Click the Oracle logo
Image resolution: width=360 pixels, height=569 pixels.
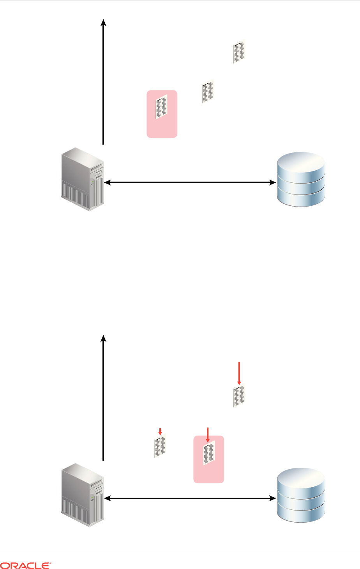26,565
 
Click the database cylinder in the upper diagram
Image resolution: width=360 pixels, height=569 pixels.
300,179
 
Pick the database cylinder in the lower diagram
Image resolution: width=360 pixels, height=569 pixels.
300,495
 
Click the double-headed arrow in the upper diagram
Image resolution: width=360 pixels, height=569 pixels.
188,182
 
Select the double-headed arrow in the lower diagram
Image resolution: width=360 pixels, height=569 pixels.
188,498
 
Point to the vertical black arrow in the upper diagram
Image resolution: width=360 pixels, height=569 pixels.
104,82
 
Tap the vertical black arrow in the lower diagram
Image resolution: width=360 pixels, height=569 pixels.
104,398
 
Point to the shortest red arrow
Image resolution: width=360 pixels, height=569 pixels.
160,431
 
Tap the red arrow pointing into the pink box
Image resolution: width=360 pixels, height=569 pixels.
208,435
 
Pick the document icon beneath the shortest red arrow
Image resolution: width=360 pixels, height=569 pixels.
160,446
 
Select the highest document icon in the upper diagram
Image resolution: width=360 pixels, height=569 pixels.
239,52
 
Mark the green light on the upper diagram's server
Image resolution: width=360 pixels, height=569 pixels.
93,182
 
